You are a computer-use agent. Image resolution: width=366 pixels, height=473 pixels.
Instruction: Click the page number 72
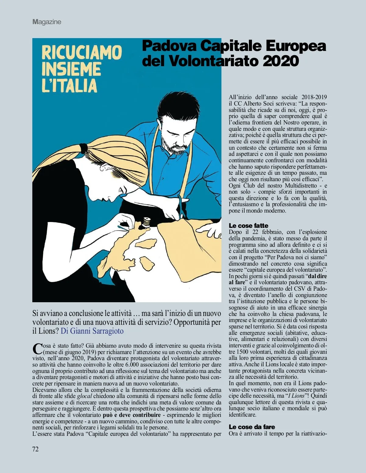click(35, 449)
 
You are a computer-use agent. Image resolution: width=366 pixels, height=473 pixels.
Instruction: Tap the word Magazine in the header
click(47, 22)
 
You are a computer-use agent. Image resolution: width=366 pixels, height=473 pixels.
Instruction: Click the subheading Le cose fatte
click(248, 226)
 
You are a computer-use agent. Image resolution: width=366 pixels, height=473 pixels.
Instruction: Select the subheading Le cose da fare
click(252, 427)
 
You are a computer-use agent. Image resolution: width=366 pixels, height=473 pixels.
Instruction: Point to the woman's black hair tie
click(83, 149)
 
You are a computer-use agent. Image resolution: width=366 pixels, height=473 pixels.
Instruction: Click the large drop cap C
click(37, 349)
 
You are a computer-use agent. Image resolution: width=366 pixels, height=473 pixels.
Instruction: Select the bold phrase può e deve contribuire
click(132, 415)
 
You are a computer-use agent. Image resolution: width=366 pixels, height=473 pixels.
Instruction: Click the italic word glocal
click(84, 396)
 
